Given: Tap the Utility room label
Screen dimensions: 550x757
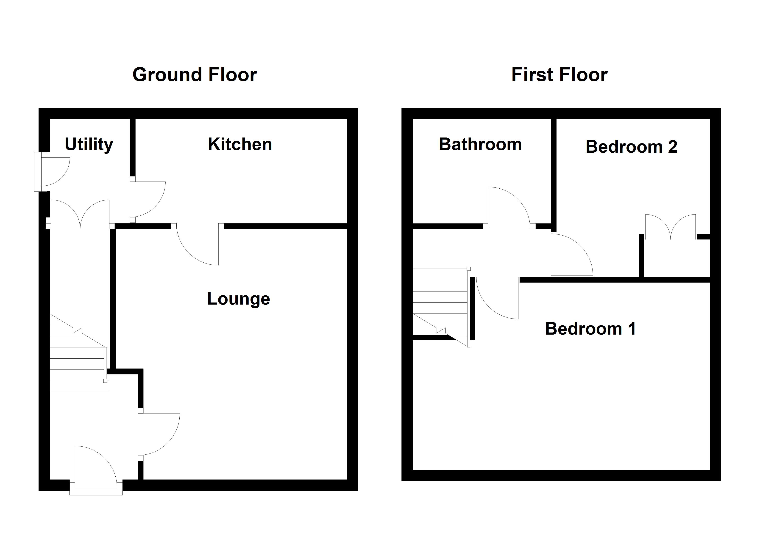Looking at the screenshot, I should click(89, 144).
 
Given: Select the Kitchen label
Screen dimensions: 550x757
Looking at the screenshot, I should click(240, 144).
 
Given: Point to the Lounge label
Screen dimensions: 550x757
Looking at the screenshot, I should click(238, 299).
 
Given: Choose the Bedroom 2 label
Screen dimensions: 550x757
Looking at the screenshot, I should click(631, 147).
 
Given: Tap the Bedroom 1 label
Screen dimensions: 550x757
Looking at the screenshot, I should click(590, 329).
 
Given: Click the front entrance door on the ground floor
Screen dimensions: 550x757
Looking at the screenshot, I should click(95, 467).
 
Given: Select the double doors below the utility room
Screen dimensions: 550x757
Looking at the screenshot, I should click(80, 213).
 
